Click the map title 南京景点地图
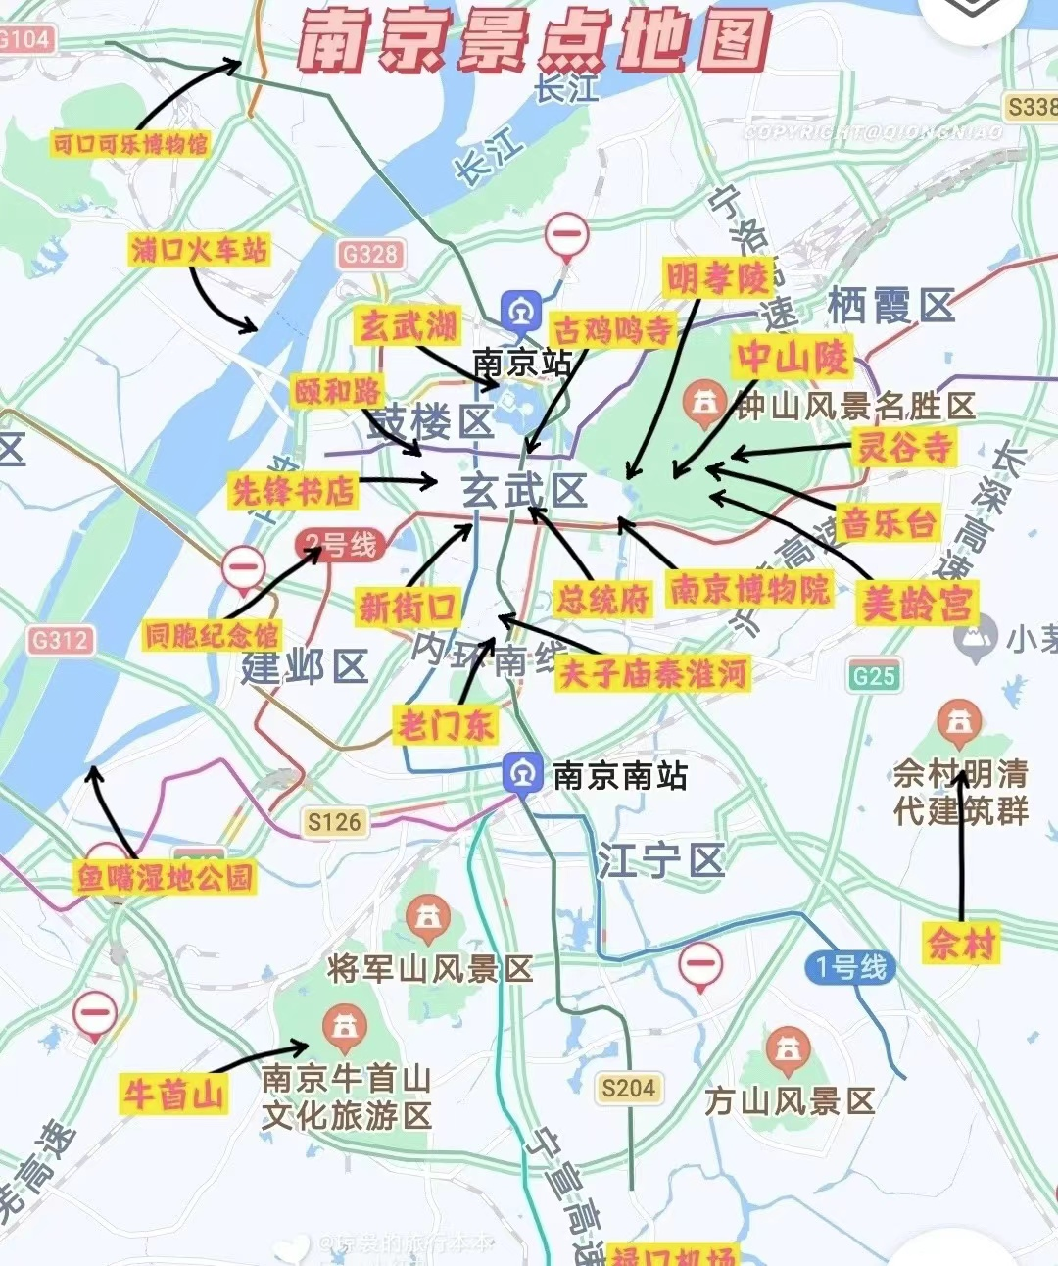coord(534,41)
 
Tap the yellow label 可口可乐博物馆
coord(130,145)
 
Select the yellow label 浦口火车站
coord(199,250)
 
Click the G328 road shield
coord(370,255)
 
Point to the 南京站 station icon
coord(521,313)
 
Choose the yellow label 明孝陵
coord(718,278)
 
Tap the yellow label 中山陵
coord(793,357)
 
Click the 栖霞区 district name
coord(890,306)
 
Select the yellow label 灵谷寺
coord(904,447)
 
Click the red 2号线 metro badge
coord(339,545)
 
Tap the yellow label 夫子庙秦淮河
coord(652,674)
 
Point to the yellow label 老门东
coord(445,725)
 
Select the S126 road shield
coord(334,822)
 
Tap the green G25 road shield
coord(874,676)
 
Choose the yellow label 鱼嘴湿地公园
coord(165,877)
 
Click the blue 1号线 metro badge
coord(851,968)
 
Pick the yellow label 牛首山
coord(173,1094)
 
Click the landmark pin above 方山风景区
coord(788,1049)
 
